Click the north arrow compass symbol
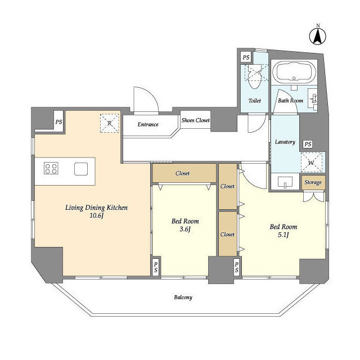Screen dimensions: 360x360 [318, 36]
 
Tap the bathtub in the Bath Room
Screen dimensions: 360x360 [294, 72]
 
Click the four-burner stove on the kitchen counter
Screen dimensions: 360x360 [51, 168]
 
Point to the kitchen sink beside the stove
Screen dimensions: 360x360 [81, 169]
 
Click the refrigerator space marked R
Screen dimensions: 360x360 [110, 123]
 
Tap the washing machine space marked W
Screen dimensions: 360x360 [311, 163]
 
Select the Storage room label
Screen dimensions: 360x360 [313, 182]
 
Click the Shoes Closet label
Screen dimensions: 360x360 [195, 120]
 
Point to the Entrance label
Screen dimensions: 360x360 [148, 124]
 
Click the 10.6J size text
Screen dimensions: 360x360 [97, 215]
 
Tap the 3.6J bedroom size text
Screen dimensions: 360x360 [185, 229]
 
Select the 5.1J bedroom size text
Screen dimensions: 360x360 [283, 235]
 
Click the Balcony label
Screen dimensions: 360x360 [183, 298]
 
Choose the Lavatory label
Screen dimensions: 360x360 [285, 142]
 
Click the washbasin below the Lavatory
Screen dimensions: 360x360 [285, 182]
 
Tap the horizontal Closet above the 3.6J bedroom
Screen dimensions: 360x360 [184, 173]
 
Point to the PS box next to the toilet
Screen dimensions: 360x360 [246, 57]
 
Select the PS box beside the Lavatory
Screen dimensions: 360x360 [308, 144]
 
